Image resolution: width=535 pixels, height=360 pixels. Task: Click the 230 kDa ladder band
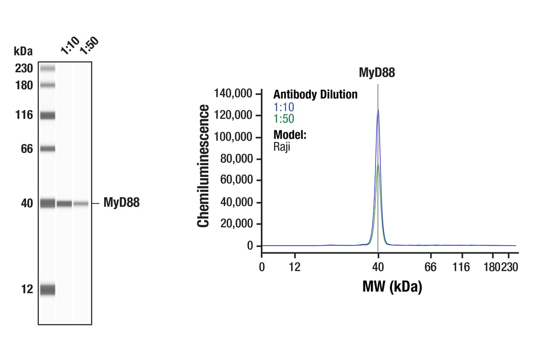tap(47, 69)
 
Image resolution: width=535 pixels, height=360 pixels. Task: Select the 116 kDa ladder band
tap(47, 115)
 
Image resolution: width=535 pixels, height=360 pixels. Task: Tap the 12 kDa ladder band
tap(47, 290)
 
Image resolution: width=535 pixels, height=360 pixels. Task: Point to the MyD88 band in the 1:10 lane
tap(64, 203)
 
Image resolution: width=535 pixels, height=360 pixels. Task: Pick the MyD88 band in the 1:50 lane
tap(81, 203)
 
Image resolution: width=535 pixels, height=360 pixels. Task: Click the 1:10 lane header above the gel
tap(70, 47)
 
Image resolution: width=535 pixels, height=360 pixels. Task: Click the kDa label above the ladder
tap(23, 51)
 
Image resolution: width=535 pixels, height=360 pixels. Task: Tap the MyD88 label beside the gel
tap(121, 203)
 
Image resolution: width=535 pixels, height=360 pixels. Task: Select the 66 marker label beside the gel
tap(26, 149)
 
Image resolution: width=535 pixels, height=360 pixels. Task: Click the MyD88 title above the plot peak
tap(377, 73)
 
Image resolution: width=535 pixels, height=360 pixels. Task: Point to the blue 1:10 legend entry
tap(284, 107)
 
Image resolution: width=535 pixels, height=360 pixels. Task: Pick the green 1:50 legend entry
tap(284, 119)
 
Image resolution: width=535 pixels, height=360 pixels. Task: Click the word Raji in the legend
tap(282, 146)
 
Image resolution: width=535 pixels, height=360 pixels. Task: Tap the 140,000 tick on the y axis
tap(234, 94)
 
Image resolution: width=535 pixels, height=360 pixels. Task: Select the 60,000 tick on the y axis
tap(236, 180)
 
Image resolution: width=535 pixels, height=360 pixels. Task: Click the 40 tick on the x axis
tap(378, 267)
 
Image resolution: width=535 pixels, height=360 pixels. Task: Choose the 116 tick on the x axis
tap(461, 267)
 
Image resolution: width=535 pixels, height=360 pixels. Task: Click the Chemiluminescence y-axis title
tap(203, 166)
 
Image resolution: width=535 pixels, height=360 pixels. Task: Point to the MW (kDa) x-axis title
tap(392, 286)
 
